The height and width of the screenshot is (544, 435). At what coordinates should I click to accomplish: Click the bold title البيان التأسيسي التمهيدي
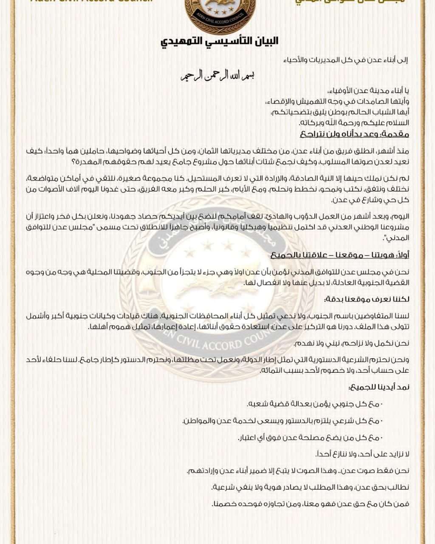[219, 42]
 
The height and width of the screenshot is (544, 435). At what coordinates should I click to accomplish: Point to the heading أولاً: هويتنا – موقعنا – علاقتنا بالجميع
[340, 255]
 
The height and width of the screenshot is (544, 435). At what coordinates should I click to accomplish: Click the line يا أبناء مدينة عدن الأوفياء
[369, 91]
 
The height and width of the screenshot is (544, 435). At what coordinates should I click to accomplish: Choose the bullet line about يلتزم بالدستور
[282, 421]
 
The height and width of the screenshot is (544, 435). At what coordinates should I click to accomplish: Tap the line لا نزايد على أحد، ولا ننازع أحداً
[362, 454]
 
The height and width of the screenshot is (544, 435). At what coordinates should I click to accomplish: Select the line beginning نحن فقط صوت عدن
[298, 470]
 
